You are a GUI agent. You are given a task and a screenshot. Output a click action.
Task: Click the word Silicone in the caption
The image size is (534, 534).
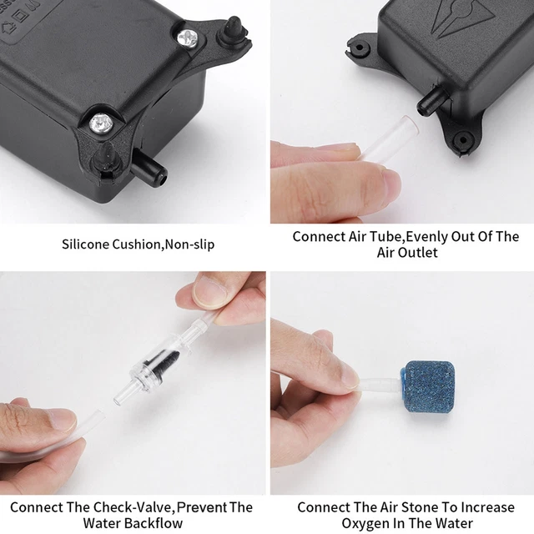click(x=88, y=244)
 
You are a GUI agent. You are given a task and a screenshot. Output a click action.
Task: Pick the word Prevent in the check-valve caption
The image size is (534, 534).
click(x=199, y=506)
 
